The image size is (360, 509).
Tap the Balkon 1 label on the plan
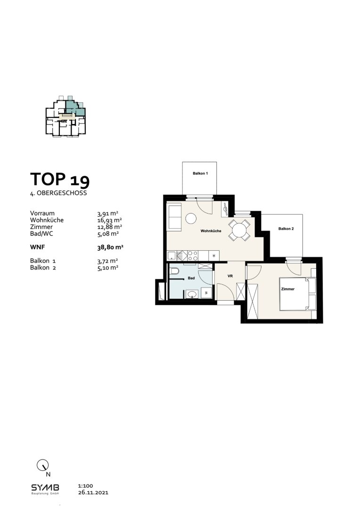point(200,174)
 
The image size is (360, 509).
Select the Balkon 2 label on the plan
point(286,229)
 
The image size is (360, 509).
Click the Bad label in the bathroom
point(191,279)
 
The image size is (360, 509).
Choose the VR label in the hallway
point(230,276)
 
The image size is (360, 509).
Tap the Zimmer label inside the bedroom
point(287,289)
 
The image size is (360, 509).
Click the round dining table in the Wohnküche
point(239,230)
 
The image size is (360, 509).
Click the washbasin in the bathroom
point(192,295)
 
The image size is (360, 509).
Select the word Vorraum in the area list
point(42,213)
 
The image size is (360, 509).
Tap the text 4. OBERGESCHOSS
point(57,193)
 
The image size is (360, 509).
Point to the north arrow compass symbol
point(42,465)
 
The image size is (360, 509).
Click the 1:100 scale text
point(84,485)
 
